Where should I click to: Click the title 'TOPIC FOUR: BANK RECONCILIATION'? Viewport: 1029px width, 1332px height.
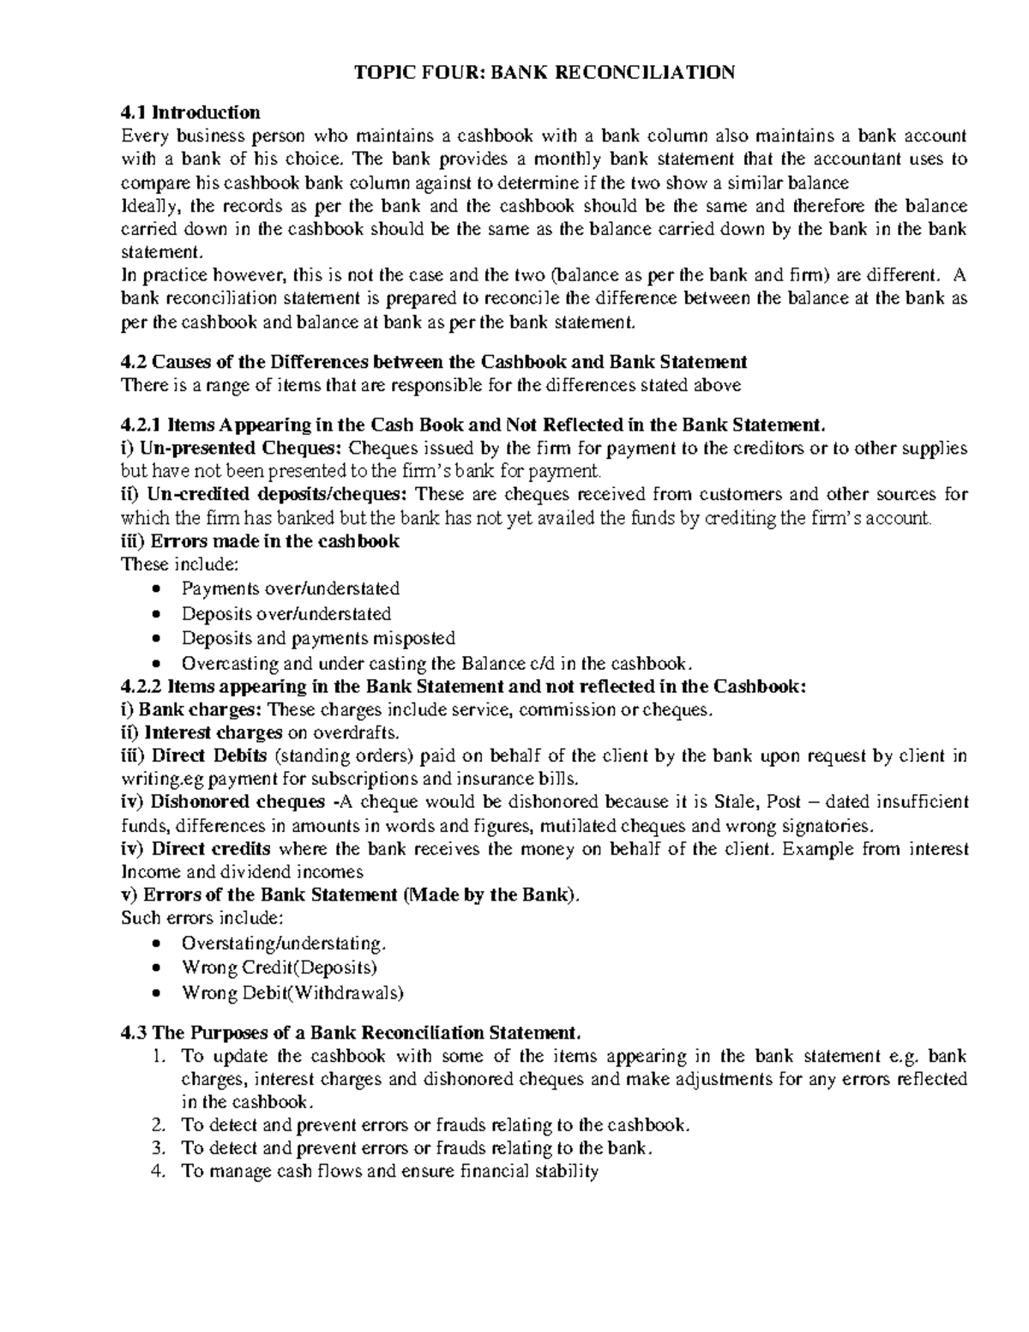[545, 72]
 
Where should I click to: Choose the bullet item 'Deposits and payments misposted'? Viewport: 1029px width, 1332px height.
[318, 638]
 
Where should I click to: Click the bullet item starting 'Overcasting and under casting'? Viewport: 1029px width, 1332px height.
[436, 663]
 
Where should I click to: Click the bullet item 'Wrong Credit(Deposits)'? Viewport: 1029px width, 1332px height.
[280, 967]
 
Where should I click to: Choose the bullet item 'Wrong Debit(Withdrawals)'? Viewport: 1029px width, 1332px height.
[292, 992]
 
